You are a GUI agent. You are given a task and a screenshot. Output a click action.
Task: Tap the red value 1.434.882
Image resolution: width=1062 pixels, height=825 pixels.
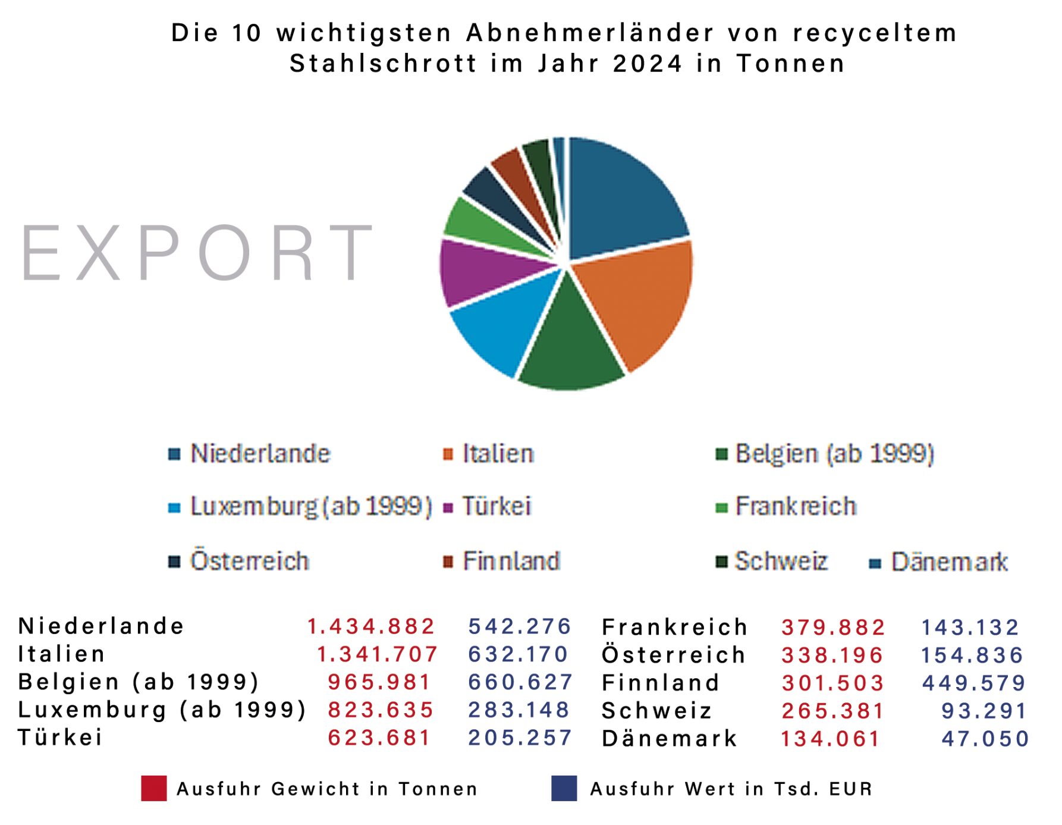(x=370, y=626)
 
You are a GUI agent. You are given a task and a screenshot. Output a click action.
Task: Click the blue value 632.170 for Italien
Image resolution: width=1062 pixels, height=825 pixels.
(x=518, y=654)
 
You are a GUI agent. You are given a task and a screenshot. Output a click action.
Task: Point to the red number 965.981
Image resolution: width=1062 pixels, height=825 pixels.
(x=379, y=682)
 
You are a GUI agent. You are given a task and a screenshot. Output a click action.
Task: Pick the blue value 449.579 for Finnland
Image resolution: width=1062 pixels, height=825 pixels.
(x=973, y=683)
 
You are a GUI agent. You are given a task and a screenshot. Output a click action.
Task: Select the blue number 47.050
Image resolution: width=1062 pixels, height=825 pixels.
(x=985, y=739)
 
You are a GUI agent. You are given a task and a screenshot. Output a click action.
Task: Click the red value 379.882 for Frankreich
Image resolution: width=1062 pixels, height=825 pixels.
(x=832, y=628)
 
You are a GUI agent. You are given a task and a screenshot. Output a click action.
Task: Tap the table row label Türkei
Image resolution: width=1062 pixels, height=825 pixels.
(x=60, y=738)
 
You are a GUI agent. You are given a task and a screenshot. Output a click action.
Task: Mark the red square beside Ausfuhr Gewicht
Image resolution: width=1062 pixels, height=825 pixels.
(x=153, y=789)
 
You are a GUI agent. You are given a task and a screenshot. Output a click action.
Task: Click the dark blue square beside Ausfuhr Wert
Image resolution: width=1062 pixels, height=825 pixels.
(x=564, y=789)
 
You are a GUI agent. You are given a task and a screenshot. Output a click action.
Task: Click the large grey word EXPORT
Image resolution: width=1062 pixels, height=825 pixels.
(x=196, y=252)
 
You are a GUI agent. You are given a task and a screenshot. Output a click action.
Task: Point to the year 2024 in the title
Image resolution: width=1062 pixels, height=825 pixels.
(x=648, y=64)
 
